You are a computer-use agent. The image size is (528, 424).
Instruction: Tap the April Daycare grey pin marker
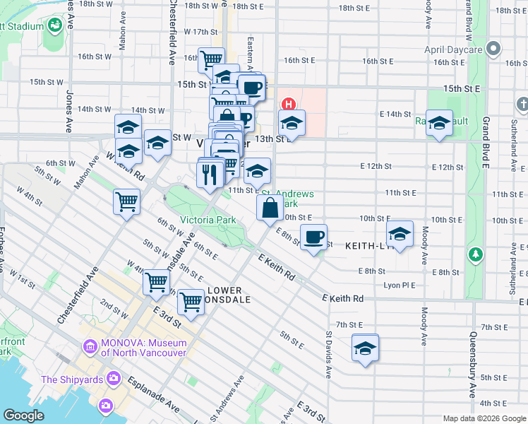(x=493, y=49)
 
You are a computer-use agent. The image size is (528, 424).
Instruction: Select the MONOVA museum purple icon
(x=90, y=347)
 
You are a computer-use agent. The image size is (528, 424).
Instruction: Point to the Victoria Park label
(x=208, y=220)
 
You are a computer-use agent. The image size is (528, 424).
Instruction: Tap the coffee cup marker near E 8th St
(x=313, y=236)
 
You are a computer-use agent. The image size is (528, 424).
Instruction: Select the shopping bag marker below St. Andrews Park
(x=270, y=208)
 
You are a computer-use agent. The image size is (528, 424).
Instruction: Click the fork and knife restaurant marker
(x=209, y=173)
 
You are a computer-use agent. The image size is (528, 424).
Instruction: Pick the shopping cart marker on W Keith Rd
(x=126, y=201)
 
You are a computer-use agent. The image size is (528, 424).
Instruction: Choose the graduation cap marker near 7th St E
(x=365, y=348)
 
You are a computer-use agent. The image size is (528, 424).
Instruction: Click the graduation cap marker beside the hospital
(x=292, y=122)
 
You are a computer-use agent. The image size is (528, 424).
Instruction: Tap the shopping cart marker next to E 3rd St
(x=191, y=301)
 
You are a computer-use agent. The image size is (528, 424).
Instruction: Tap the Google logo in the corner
(x=24, y=416)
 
